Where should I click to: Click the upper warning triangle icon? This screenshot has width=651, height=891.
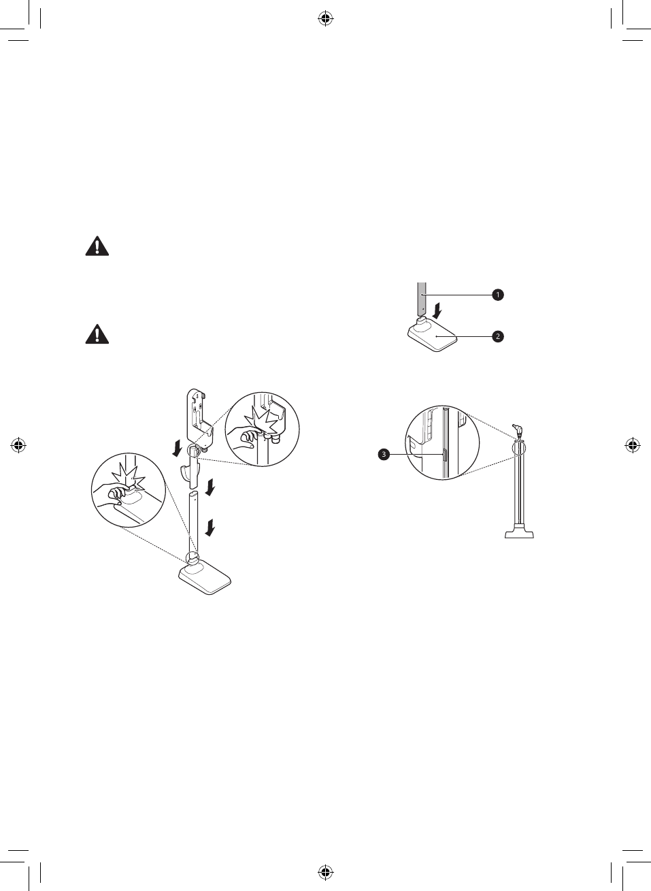pyautogui.click(x=97, y=246)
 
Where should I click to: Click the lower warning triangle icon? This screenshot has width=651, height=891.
pyautogui.click(x=97, y=334)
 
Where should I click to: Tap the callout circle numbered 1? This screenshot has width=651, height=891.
pyautogui.click(x=497, y=295)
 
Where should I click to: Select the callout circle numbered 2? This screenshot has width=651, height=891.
pyautogui.click(x=497, y=336)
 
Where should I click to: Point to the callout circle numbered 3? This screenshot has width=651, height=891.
pyautogui.click(x=384, y=454)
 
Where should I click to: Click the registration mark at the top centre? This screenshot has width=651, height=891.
pyautogui.click(x=325, y=18)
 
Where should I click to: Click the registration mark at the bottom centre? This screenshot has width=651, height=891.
pyautogui.click(x=325, y=873)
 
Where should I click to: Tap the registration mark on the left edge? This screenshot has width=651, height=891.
pyautogui.click(x=18, y=445)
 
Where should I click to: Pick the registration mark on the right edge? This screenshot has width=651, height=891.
pyautogui.click(x=633, y=445)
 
